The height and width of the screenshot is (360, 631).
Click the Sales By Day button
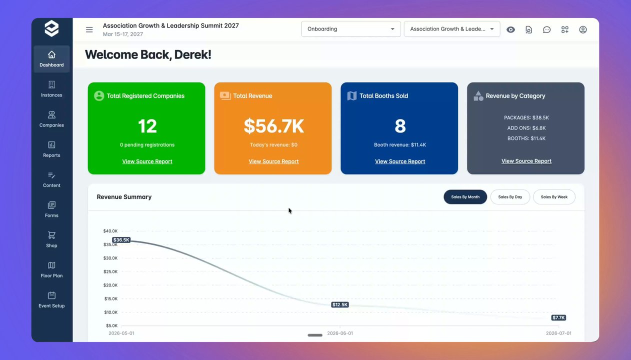510,197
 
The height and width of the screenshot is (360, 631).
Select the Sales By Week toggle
554,197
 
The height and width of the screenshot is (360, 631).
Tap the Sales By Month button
465,197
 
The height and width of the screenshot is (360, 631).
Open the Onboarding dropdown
350,29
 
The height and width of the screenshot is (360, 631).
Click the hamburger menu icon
89,29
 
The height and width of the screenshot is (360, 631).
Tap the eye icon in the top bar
510,29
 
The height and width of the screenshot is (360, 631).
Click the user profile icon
583,29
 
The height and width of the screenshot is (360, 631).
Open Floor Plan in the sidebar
51,269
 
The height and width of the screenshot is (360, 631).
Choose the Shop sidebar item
51,239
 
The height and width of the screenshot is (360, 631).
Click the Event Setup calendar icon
51,295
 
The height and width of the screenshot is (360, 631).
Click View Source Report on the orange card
273,161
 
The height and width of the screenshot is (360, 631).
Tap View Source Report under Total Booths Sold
400,161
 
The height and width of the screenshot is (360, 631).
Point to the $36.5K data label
121,240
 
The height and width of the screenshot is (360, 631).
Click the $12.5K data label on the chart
340,304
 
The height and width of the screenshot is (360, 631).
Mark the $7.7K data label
558,317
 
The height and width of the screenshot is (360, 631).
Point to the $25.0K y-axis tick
110,271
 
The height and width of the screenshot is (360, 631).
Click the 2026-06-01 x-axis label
340,333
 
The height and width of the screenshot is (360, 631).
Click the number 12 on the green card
147,126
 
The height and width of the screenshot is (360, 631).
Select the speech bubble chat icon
546,29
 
